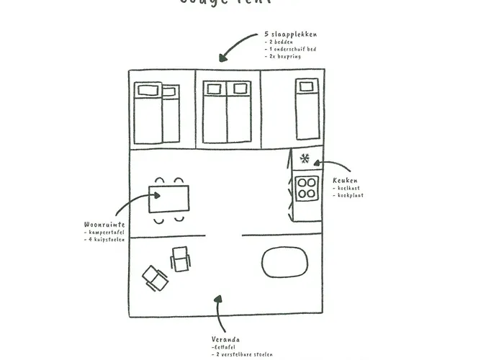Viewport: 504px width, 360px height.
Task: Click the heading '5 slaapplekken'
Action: click(x=290, y=34)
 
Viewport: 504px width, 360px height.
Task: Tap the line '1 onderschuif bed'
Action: click(x=292, y=49)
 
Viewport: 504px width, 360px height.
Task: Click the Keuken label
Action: click(x=345, y=180)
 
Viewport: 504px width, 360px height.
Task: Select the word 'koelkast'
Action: click(x=349, y=188)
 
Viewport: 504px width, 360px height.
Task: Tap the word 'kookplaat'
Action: click(x=351, y=195)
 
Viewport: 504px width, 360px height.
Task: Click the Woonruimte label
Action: click(x=104, y=225)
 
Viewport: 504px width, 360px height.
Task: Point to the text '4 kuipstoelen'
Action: click(x=106, y=239)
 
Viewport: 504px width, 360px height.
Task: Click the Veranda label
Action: click(x=226, y=339)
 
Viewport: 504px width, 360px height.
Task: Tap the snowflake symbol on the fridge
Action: click(x=305, y=158)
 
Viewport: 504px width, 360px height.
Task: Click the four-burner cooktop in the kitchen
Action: click(x=307, y=188)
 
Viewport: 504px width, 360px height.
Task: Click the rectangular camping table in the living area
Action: click(x=169, y=199)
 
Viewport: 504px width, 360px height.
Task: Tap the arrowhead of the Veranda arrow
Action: click(x=217, y=298)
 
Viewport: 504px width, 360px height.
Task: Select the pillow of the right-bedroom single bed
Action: click(x=307, y=88)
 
